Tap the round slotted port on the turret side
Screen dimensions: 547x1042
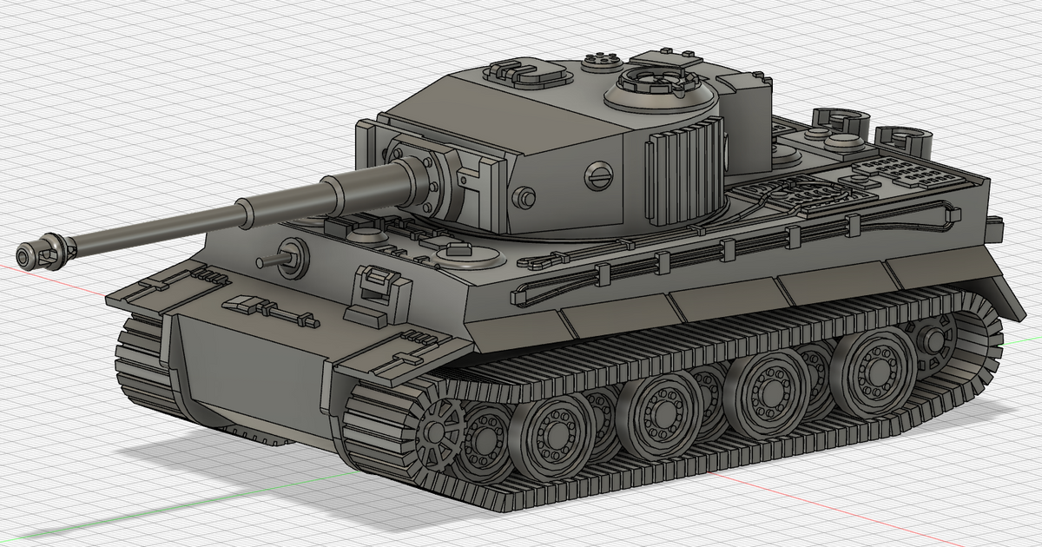(x=598, y=175)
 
